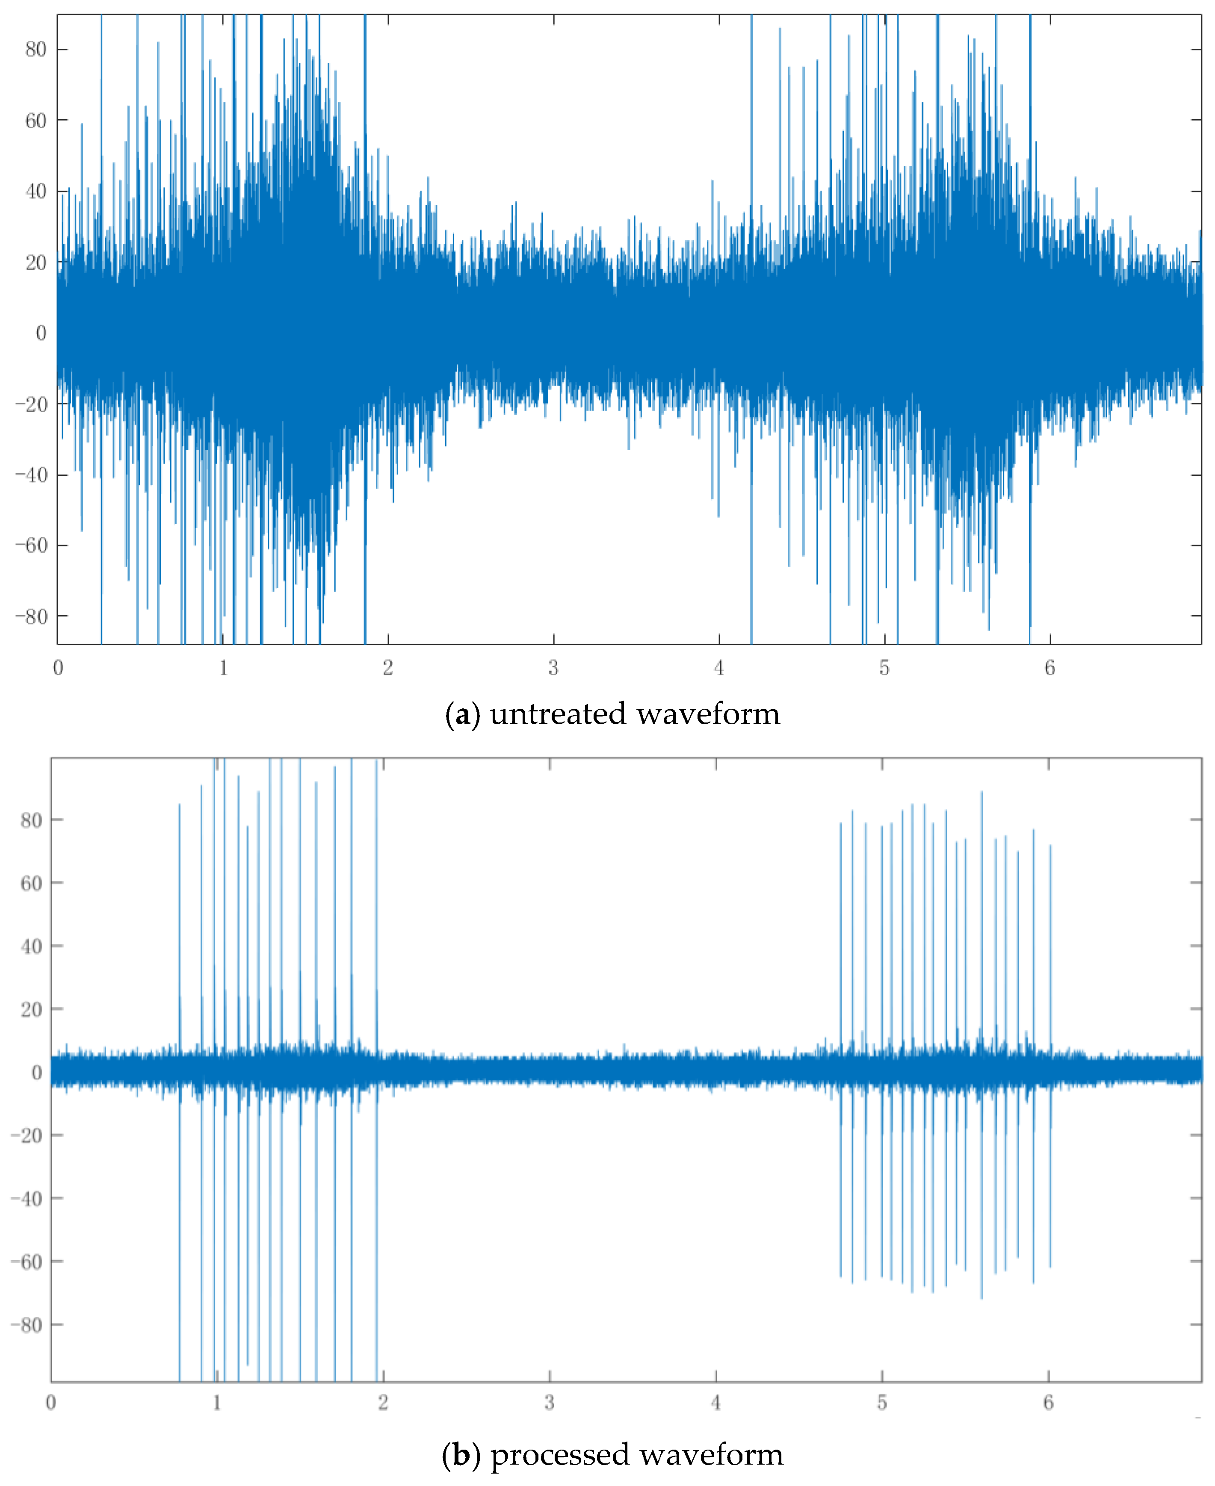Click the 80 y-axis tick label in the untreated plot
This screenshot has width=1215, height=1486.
pos(35,49)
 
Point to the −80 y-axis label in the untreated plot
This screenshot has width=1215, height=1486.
pos(32,616)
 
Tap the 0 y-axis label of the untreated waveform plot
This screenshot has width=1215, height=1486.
pos(41,333)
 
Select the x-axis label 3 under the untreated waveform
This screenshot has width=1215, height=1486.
pos(553,668)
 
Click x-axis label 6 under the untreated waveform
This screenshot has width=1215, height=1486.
pos(1049,668)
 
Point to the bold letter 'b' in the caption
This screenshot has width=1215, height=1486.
pos(461,1455)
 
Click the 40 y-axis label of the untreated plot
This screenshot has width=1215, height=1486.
pos(35,191)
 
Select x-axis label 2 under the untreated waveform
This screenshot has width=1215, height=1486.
pos(388,668)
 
